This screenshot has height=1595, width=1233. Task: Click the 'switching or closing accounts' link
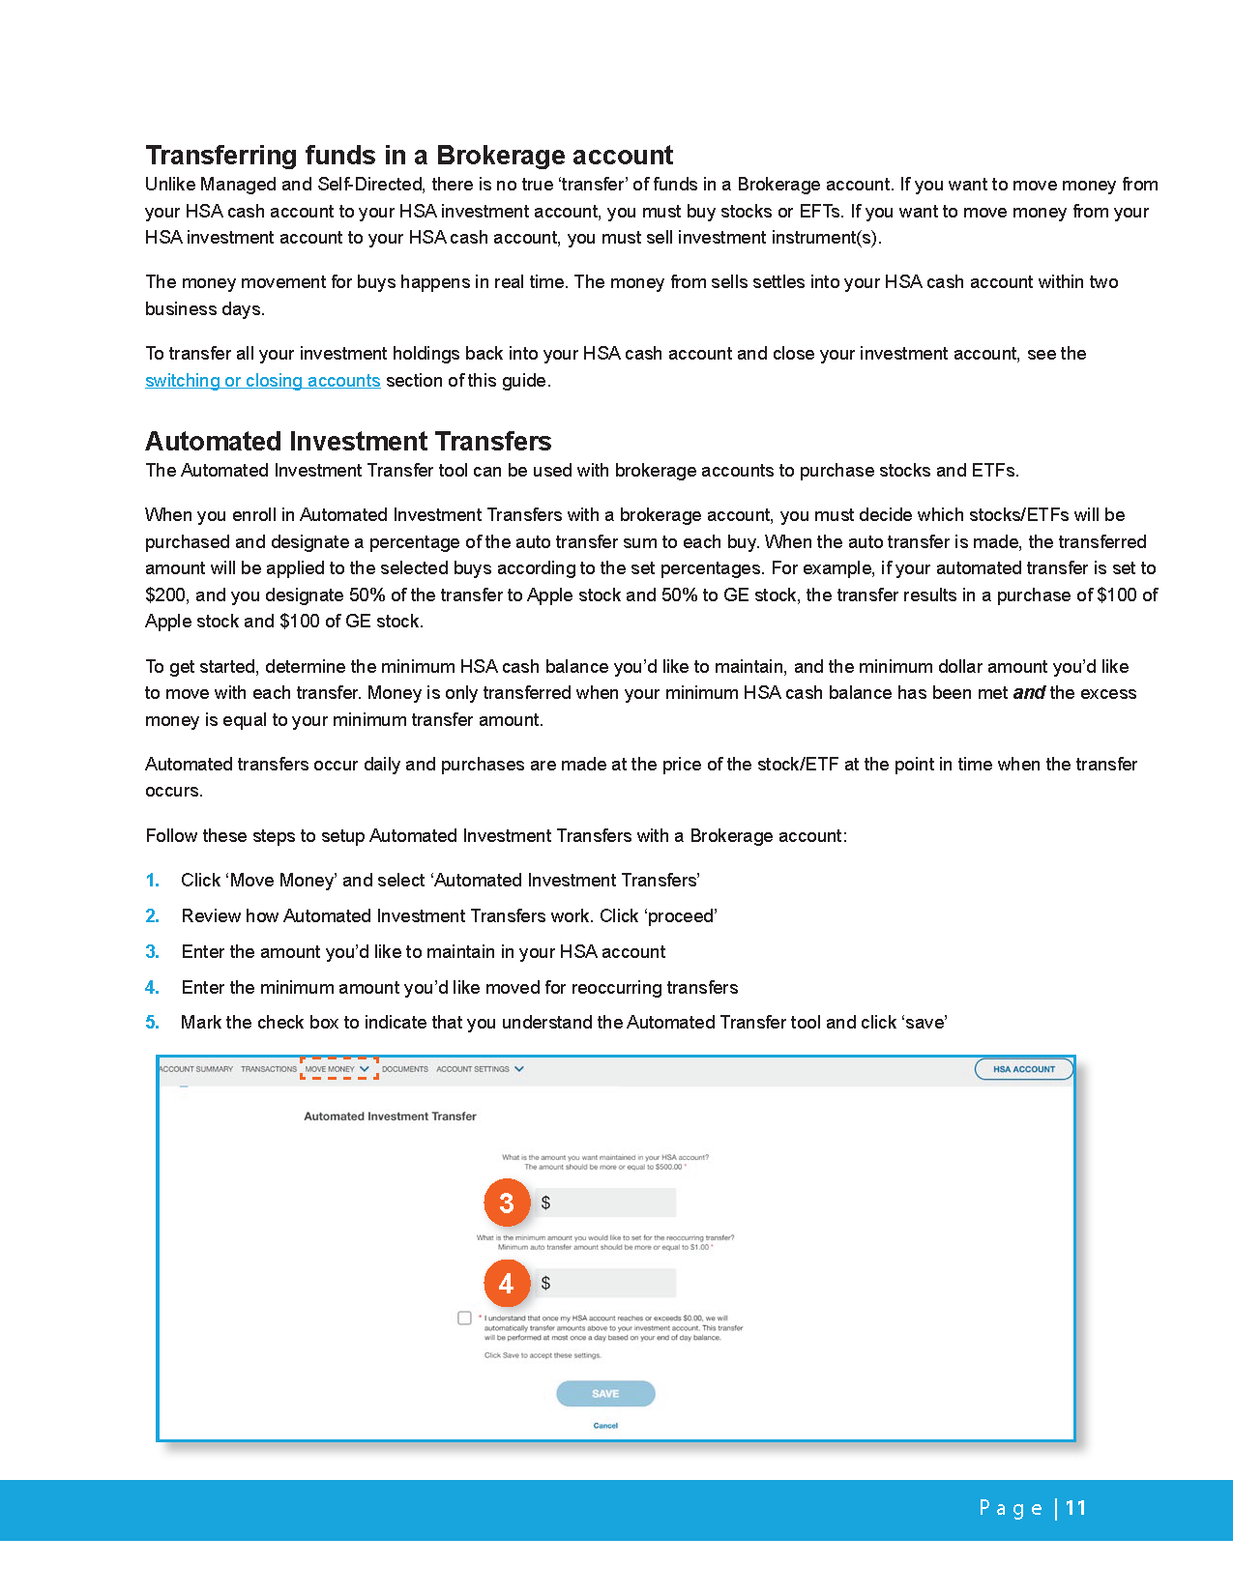coord(262,381)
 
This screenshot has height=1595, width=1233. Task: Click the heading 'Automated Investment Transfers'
coord(348,442)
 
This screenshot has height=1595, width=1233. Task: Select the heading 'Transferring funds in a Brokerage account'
coord(409,156)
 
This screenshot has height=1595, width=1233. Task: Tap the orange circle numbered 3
coord(507,1203)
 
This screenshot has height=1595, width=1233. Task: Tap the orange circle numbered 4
coord(507,1283)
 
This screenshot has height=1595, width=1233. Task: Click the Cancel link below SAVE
coord(605,1426)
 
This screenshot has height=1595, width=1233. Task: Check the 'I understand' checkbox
coord(465,1319)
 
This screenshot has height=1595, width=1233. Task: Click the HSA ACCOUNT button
coord(1023,1069)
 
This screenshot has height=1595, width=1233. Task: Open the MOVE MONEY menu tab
coord(338,1069)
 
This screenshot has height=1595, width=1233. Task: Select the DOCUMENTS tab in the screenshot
coord(405,1069)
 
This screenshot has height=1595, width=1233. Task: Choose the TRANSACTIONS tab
coord(269,1069)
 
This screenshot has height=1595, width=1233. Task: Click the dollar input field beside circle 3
coord(607,1203)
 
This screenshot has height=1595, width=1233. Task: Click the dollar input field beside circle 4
coord(607,1283)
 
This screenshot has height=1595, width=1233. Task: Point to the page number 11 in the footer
coord(1076,1508)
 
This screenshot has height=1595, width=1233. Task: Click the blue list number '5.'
coord(152,1023)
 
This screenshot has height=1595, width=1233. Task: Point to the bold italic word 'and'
coord(1029,693)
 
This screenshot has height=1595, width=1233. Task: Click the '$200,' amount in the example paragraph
coord(166,595)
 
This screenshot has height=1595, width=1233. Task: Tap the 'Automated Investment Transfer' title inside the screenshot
coord(390,1116)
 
